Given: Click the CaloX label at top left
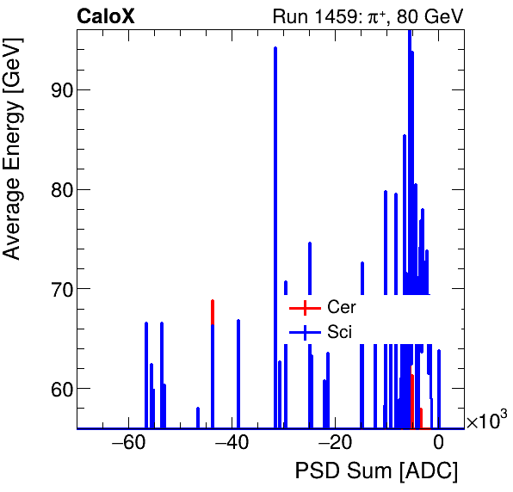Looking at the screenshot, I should [x=105, y=16].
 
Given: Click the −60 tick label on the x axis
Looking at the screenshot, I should [x=128, y=444].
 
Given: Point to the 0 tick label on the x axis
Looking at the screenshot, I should [x=438, y=444].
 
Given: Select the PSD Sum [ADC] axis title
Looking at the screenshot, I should [x=376, y=472].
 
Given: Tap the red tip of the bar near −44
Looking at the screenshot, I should [x=213, y=311].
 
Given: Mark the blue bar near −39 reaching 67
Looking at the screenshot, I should [x=238, y=374].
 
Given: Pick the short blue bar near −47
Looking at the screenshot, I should [x=198, y=418].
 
